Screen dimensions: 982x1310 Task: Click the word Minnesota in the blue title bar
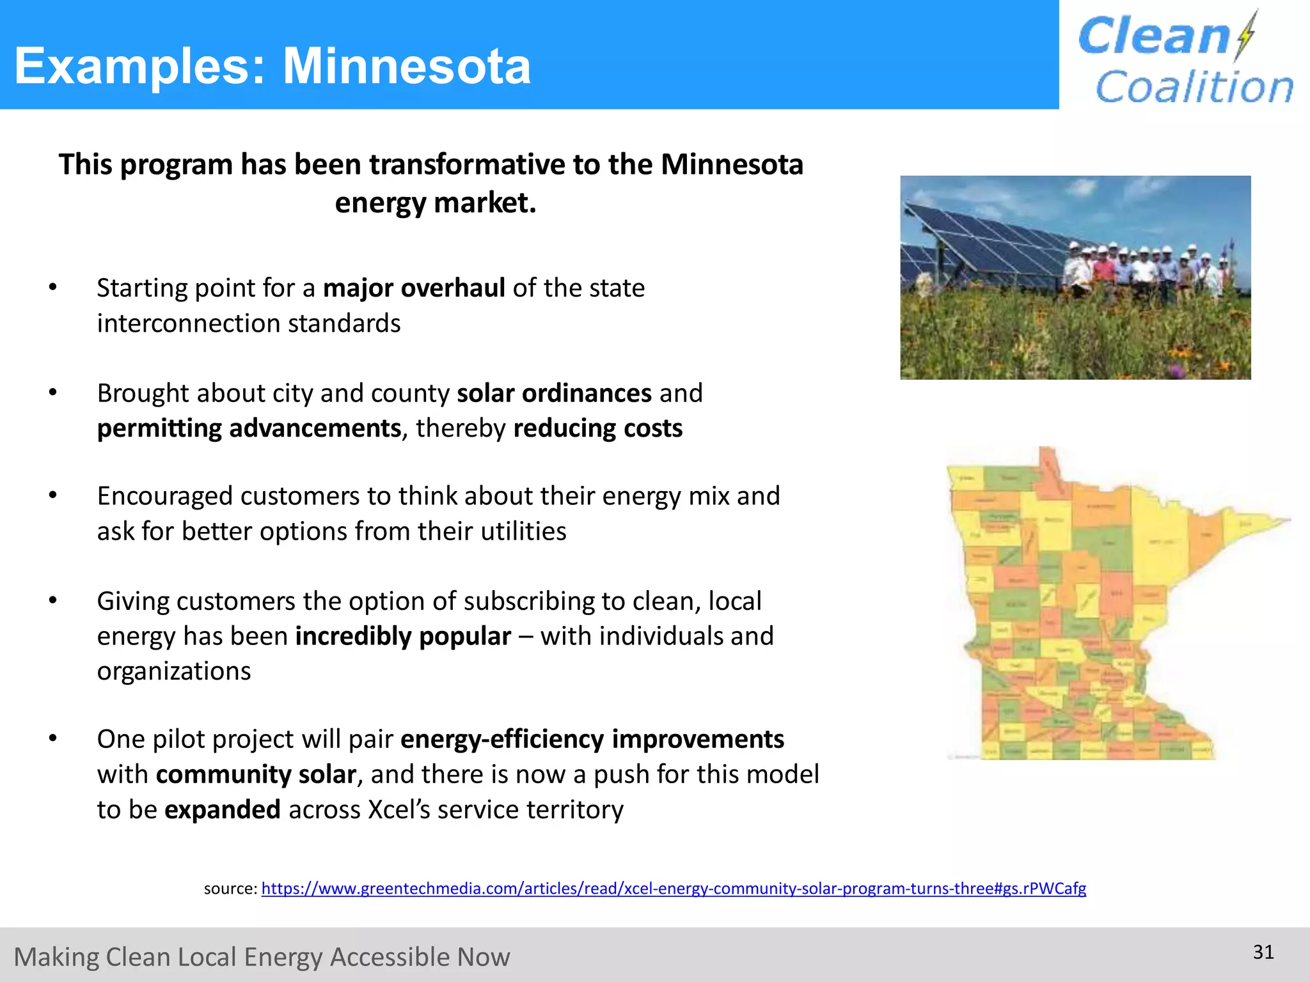pos(407,66)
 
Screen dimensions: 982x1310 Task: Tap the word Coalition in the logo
pos(1194,87)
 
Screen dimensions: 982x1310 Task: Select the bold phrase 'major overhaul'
pos(414,288)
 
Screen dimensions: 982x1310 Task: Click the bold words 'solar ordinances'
pos(554,393)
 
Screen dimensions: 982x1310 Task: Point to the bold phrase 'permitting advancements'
pos(249,428)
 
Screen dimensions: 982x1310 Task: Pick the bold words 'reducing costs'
pos(597,428)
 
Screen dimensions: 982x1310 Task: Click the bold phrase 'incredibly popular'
pos(403,636)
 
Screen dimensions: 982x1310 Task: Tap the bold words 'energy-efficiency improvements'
pos(592,739)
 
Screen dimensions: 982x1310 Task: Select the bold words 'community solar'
pos(256,774)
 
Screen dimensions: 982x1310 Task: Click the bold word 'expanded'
pos(222,809)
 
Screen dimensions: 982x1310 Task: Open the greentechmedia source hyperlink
pos(673,889)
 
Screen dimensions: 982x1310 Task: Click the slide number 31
pos(1263,952)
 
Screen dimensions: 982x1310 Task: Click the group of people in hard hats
pos(1145,269)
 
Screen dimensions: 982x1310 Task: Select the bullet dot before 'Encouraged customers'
pos(53,495)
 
